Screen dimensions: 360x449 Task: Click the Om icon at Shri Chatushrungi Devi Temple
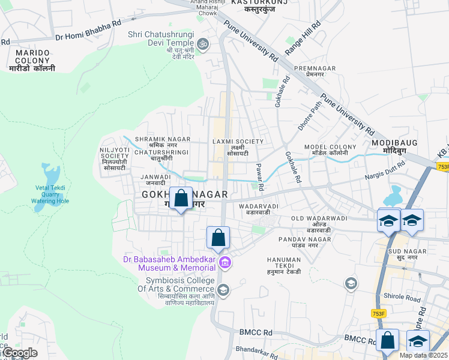click(x=203, y=43)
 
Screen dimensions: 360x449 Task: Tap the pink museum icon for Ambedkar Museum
click(x=224, y=262)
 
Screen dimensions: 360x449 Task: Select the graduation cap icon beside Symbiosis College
click(x=223, y=291)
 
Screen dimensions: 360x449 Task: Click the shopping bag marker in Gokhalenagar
click(x=181, y=199)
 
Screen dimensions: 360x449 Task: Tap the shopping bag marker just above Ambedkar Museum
click(x=218, y=237)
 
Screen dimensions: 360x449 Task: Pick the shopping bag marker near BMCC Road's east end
click(x=387, y=340)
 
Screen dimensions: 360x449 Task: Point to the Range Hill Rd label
click(x=303, y=39)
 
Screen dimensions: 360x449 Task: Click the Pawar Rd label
click(x=261, y=177)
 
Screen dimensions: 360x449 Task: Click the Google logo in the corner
click(x=19, y=353)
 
